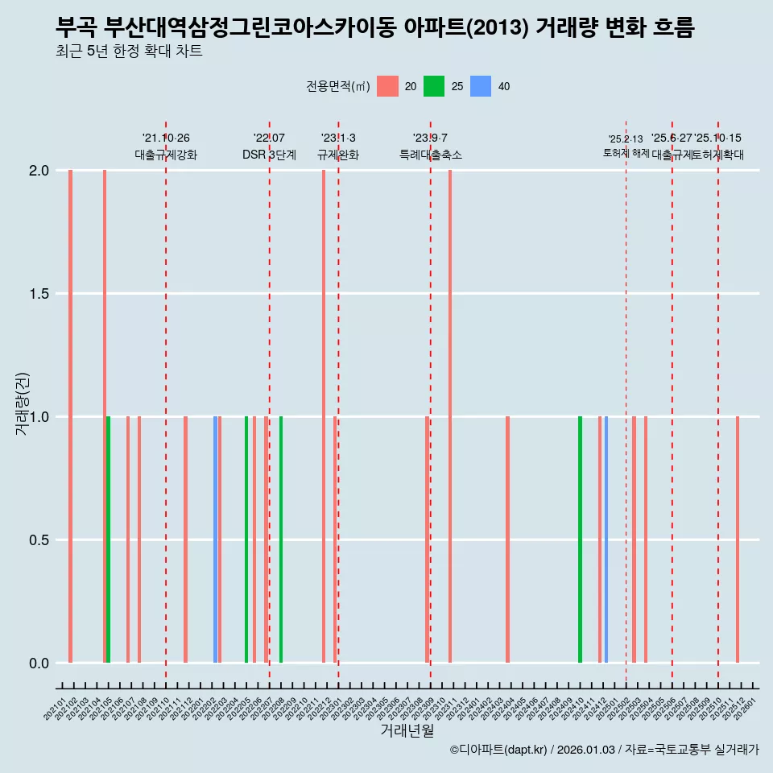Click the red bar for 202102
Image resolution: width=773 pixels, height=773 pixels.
pos(71,416)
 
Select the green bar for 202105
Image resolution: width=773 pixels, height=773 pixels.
pos(109,539)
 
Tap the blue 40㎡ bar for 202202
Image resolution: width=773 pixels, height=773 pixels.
pos(215,539)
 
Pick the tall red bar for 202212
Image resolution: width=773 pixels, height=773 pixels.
pos(324,416)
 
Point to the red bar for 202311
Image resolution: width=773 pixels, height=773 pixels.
pos(450,416)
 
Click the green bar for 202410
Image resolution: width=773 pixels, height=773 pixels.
pos(580,539)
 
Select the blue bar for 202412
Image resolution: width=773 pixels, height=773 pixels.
pos(606,539)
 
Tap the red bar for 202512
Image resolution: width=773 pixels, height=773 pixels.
pos(737,539)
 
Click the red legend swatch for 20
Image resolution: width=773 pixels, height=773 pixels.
pos(388,86)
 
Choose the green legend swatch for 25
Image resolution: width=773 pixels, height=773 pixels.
pos(435,86)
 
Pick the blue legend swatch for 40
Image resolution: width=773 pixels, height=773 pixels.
pos(481,86)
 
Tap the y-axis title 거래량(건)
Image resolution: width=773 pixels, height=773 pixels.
pos(22,404)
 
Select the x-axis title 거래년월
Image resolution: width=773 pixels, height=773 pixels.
pos(407,730)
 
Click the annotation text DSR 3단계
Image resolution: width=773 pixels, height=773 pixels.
pos(269,155)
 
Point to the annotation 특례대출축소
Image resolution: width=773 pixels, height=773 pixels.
pos(431,155)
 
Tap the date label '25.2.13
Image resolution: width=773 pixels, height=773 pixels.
pos(626,139)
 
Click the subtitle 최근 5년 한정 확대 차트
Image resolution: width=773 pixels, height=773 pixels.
pos(129,52)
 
